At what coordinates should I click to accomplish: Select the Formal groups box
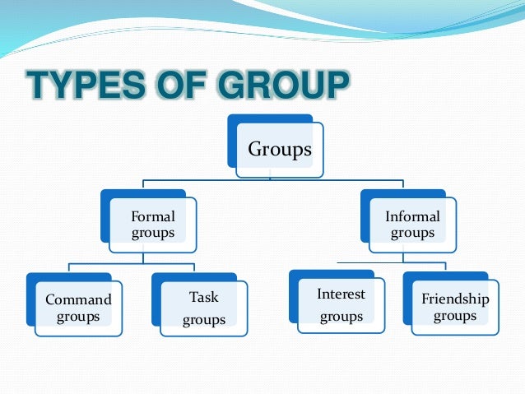(x=154, y=225)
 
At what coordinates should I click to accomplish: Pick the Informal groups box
(x=411, y=225)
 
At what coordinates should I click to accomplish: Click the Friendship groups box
(x=455, y=307)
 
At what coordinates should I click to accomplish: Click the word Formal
(x=153, y=217)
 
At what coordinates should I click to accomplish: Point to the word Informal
(x=412, y=217)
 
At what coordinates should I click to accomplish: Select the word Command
(x=78, y=299)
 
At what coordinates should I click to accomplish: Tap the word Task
(x=203, y=296)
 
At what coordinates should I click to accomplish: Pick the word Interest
(x=341, y=294)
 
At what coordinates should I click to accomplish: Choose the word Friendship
(x=455, y=299)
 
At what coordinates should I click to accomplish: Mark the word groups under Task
(x=203, y=320)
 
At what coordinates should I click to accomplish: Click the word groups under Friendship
(x=455, y=316)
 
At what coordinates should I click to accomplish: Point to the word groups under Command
(x=78, y=316)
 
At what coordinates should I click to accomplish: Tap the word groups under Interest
(x=341, y=317)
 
